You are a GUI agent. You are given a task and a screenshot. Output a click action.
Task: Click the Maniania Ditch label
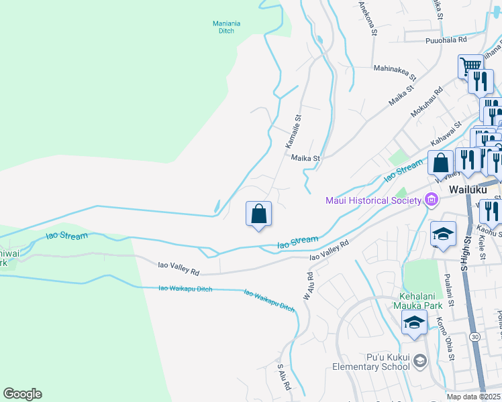tap(226, 27)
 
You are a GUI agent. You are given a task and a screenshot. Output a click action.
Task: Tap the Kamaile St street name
tap(294, 131)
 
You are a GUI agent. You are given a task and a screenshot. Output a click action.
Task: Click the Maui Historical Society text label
tap(372, 200)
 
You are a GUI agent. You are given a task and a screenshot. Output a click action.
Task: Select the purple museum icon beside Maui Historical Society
tap(430, 200)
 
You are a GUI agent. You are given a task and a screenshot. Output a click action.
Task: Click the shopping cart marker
tap(470, 66)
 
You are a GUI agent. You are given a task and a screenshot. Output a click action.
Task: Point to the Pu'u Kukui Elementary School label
tap(371, 361)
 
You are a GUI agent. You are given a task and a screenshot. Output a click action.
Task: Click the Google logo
tap(22, 394)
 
